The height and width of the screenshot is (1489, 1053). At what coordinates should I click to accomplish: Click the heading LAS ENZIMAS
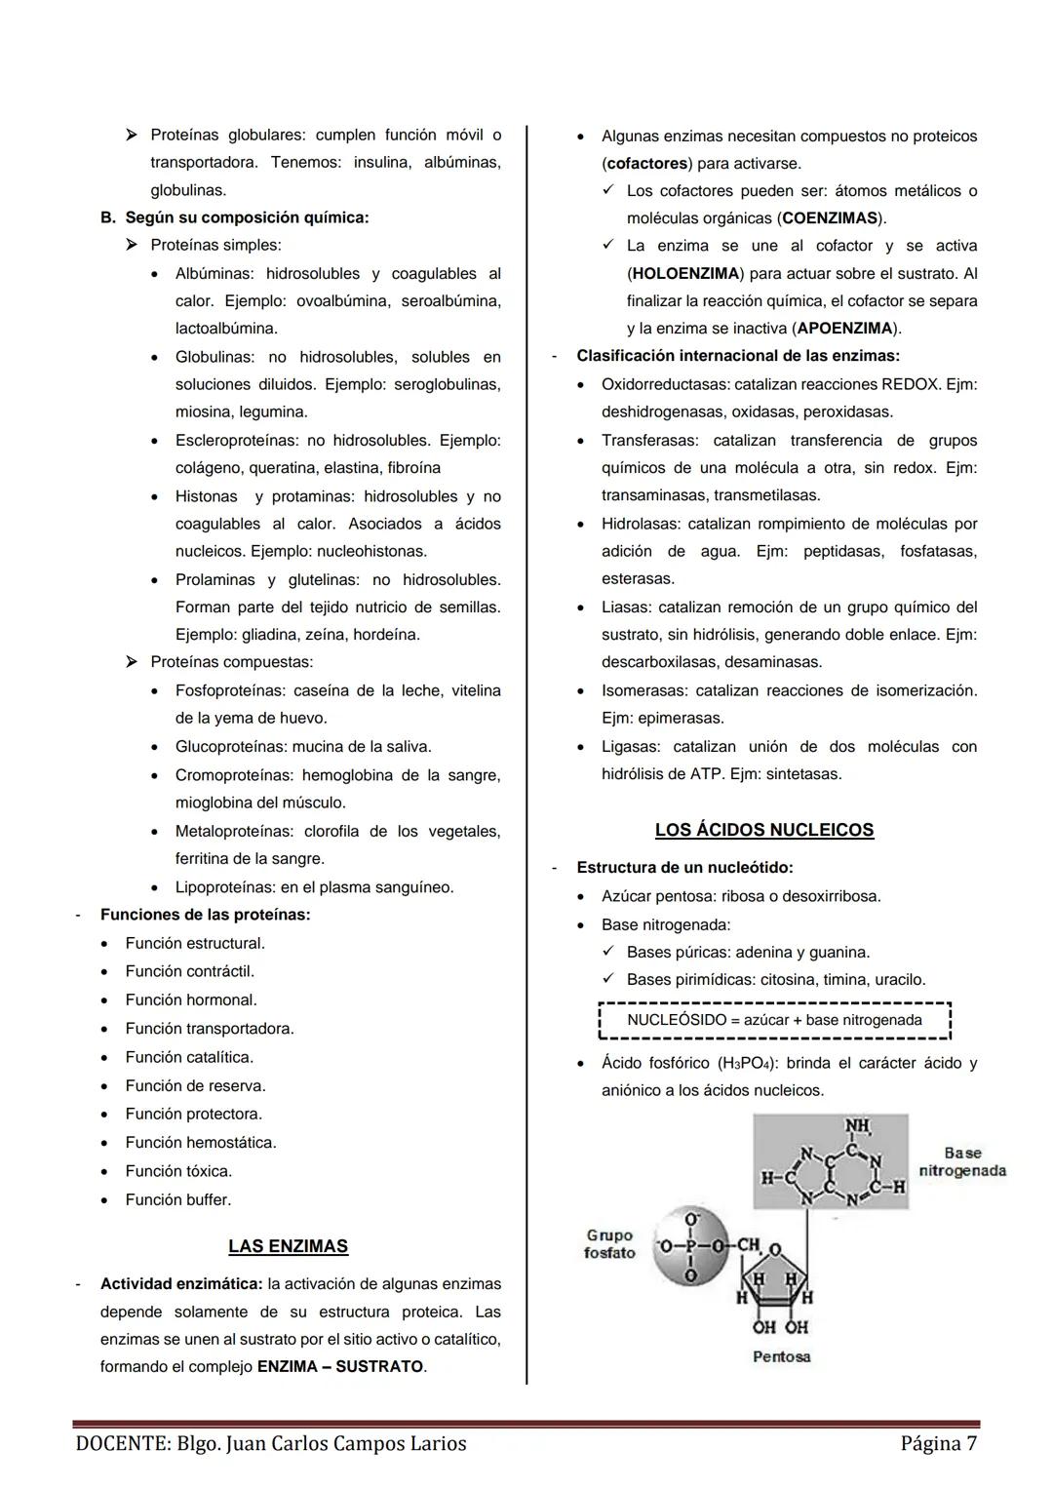tap(288, 1246)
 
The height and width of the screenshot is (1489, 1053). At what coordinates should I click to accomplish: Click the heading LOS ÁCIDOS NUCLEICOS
tap(763, 830)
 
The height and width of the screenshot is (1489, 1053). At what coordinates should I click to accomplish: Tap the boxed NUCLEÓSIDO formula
tap(774, 1020)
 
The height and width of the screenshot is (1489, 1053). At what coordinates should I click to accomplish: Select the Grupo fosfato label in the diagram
tap(609, 1244)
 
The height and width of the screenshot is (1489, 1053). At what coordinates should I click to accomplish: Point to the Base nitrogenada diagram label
tap(961, 1161)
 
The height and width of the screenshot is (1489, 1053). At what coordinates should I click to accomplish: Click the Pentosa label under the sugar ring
tap(781, 1356)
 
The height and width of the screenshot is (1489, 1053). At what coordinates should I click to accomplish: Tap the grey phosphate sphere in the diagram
tap(690, 1245)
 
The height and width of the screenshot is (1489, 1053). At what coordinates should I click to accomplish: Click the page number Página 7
tap(938, 1443)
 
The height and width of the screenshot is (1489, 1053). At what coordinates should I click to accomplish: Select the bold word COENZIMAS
tap(830, 218)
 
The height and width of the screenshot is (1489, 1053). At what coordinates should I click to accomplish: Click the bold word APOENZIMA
tap(844, 329)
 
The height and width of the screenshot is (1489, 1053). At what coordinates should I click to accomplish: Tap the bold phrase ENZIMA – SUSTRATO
tap(340, 1367)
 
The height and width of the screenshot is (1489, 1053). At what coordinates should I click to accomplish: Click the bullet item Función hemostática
tap(200, 1142)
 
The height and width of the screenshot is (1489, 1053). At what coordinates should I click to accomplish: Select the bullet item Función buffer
tap(177, 1199)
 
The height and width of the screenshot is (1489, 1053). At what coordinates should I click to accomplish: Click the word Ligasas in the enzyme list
tap(630, 747)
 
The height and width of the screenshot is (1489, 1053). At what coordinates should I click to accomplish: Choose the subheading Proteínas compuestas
tap(231, 662)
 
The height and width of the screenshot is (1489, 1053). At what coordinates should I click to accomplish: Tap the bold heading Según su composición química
tap(247, 217)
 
